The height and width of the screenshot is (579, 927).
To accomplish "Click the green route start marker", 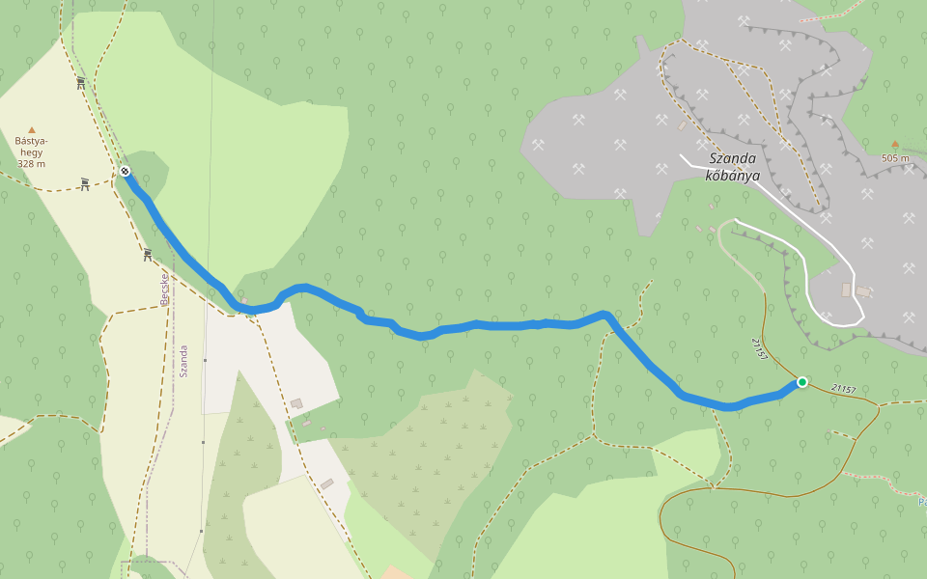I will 801,382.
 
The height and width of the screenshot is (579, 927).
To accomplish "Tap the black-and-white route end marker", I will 126,171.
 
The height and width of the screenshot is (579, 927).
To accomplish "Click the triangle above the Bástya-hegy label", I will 31,129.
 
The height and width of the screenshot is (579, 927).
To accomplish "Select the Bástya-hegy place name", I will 31,147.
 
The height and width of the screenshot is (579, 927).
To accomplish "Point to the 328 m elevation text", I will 31,164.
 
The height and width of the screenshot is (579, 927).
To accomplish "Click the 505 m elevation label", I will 895,158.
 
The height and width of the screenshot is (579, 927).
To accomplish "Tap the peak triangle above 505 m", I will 895,145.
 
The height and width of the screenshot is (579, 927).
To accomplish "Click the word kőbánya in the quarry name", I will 732,176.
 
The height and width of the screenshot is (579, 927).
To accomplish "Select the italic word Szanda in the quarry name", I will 733,159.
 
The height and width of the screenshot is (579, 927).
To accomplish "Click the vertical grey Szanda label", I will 183,361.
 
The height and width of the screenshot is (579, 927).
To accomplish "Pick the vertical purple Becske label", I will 164,289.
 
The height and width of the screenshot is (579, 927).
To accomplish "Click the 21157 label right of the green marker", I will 843,389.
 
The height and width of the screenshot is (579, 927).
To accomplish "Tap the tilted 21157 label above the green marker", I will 759,349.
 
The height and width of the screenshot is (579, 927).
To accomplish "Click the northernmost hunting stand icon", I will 81,83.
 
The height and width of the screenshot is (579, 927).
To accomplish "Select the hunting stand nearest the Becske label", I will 148,256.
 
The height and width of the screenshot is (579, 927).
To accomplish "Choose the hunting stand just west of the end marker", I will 85,183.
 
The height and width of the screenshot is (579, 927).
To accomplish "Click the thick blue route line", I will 483,325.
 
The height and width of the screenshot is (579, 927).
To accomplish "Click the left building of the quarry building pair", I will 847,289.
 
